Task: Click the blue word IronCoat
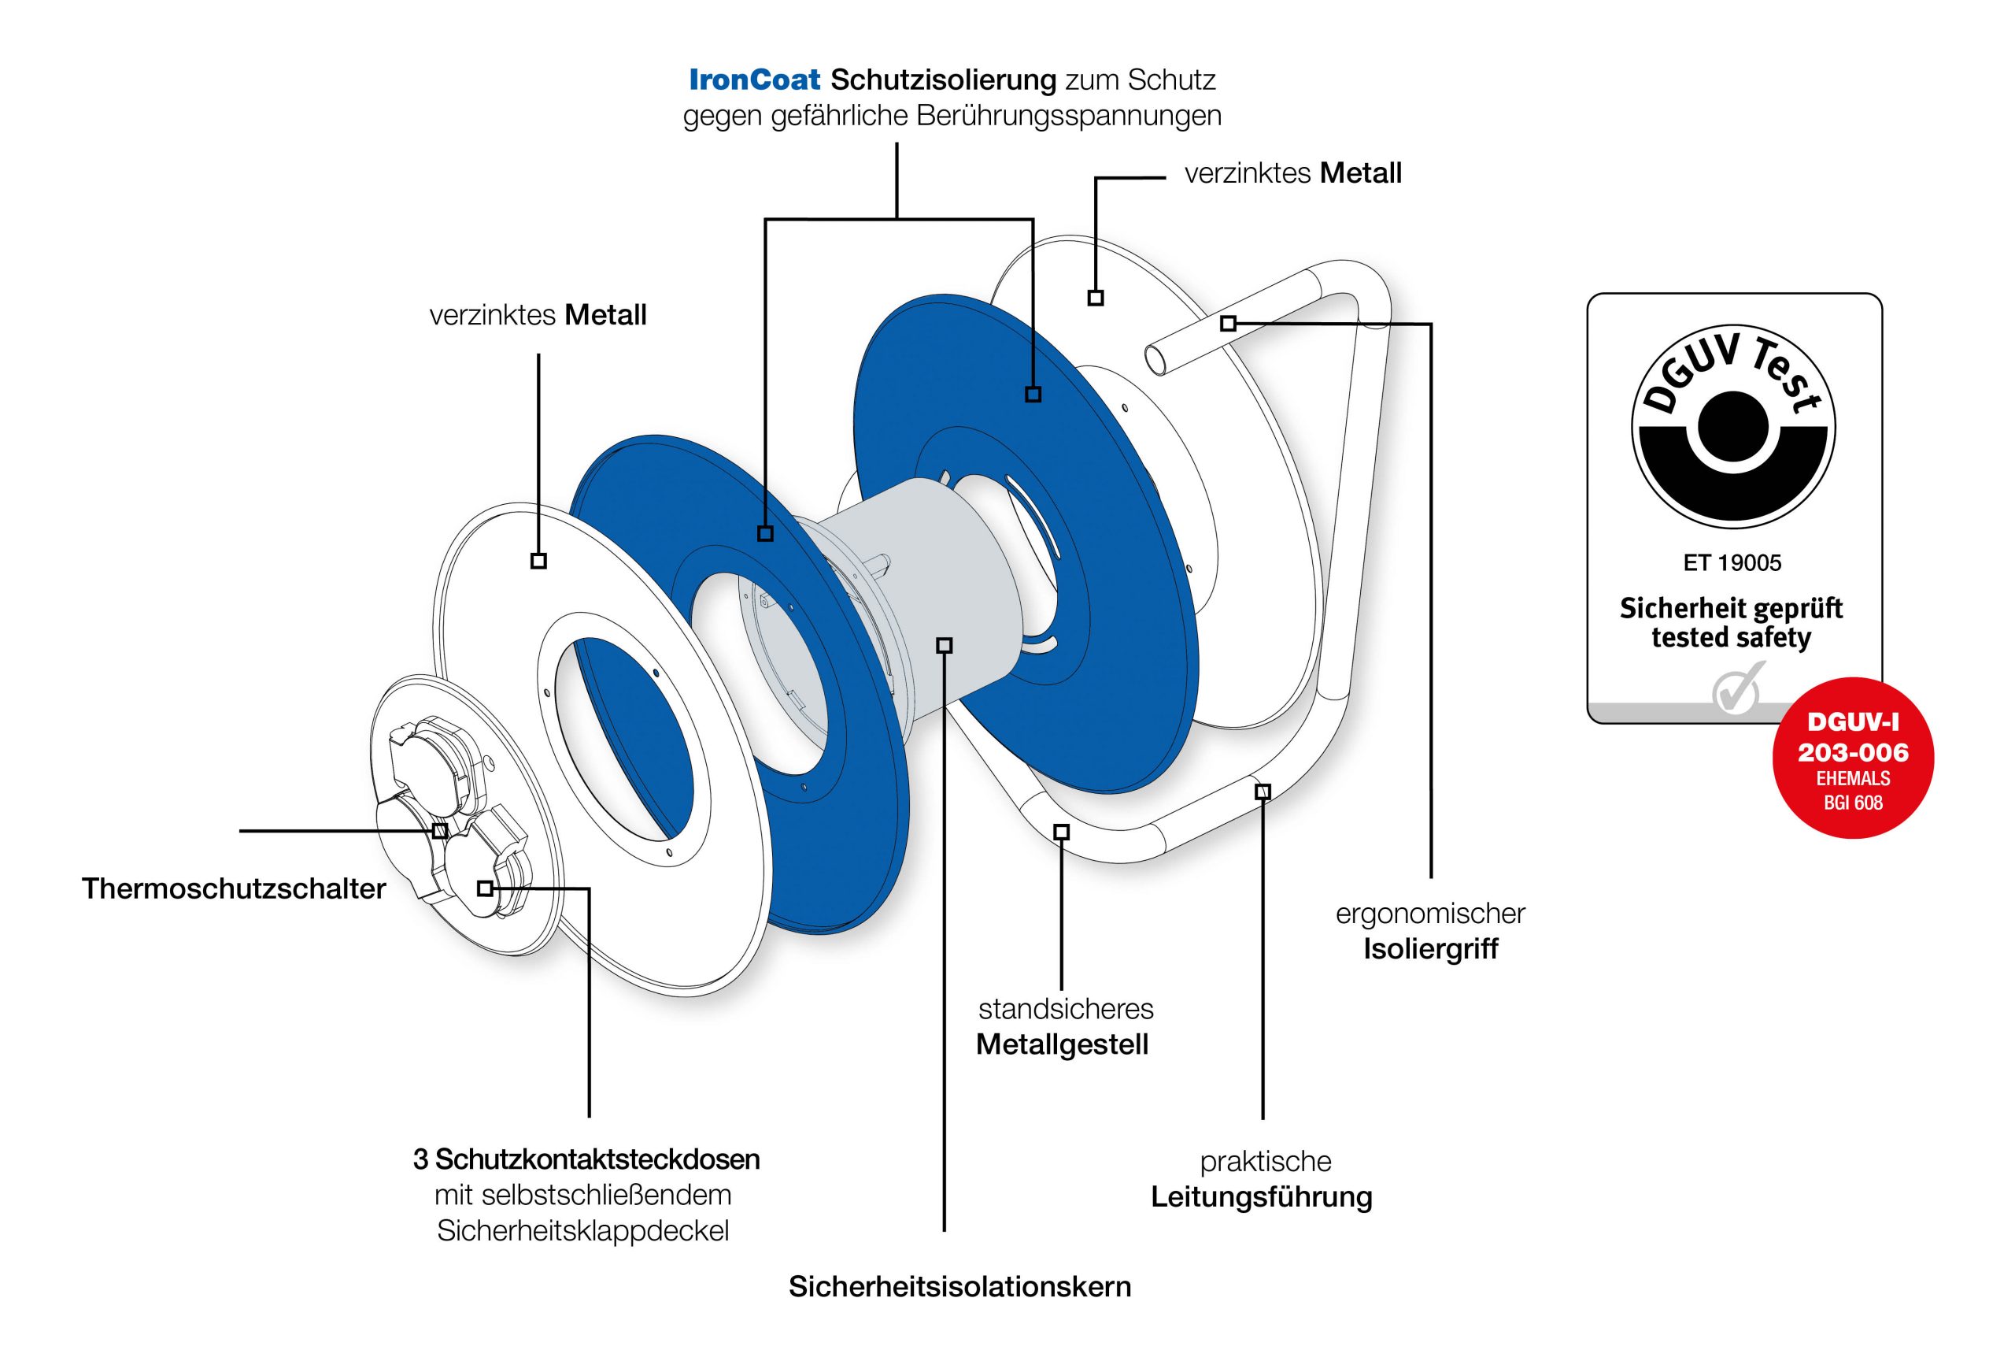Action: coord(753,80)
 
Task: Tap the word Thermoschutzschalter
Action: coord(233,888)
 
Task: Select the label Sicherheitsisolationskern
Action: coord(959,1285)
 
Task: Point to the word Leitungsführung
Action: coord(1261,1196)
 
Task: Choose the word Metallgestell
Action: coord(1061,1044)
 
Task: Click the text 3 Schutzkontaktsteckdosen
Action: coord(586,1159)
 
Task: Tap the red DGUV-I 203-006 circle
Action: coord(1852,758)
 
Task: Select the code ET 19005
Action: coord(1732,563)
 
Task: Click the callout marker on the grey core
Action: coord(945,644)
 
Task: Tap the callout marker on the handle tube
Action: coord(1228,324)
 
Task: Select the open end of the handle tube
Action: coord(1156,357)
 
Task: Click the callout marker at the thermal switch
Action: coord(439,831)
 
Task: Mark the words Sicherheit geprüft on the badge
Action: coord(1731,608)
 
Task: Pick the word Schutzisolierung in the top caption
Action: coord(942,80)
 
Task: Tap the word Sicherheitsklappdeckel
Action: coord(582,1230)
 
